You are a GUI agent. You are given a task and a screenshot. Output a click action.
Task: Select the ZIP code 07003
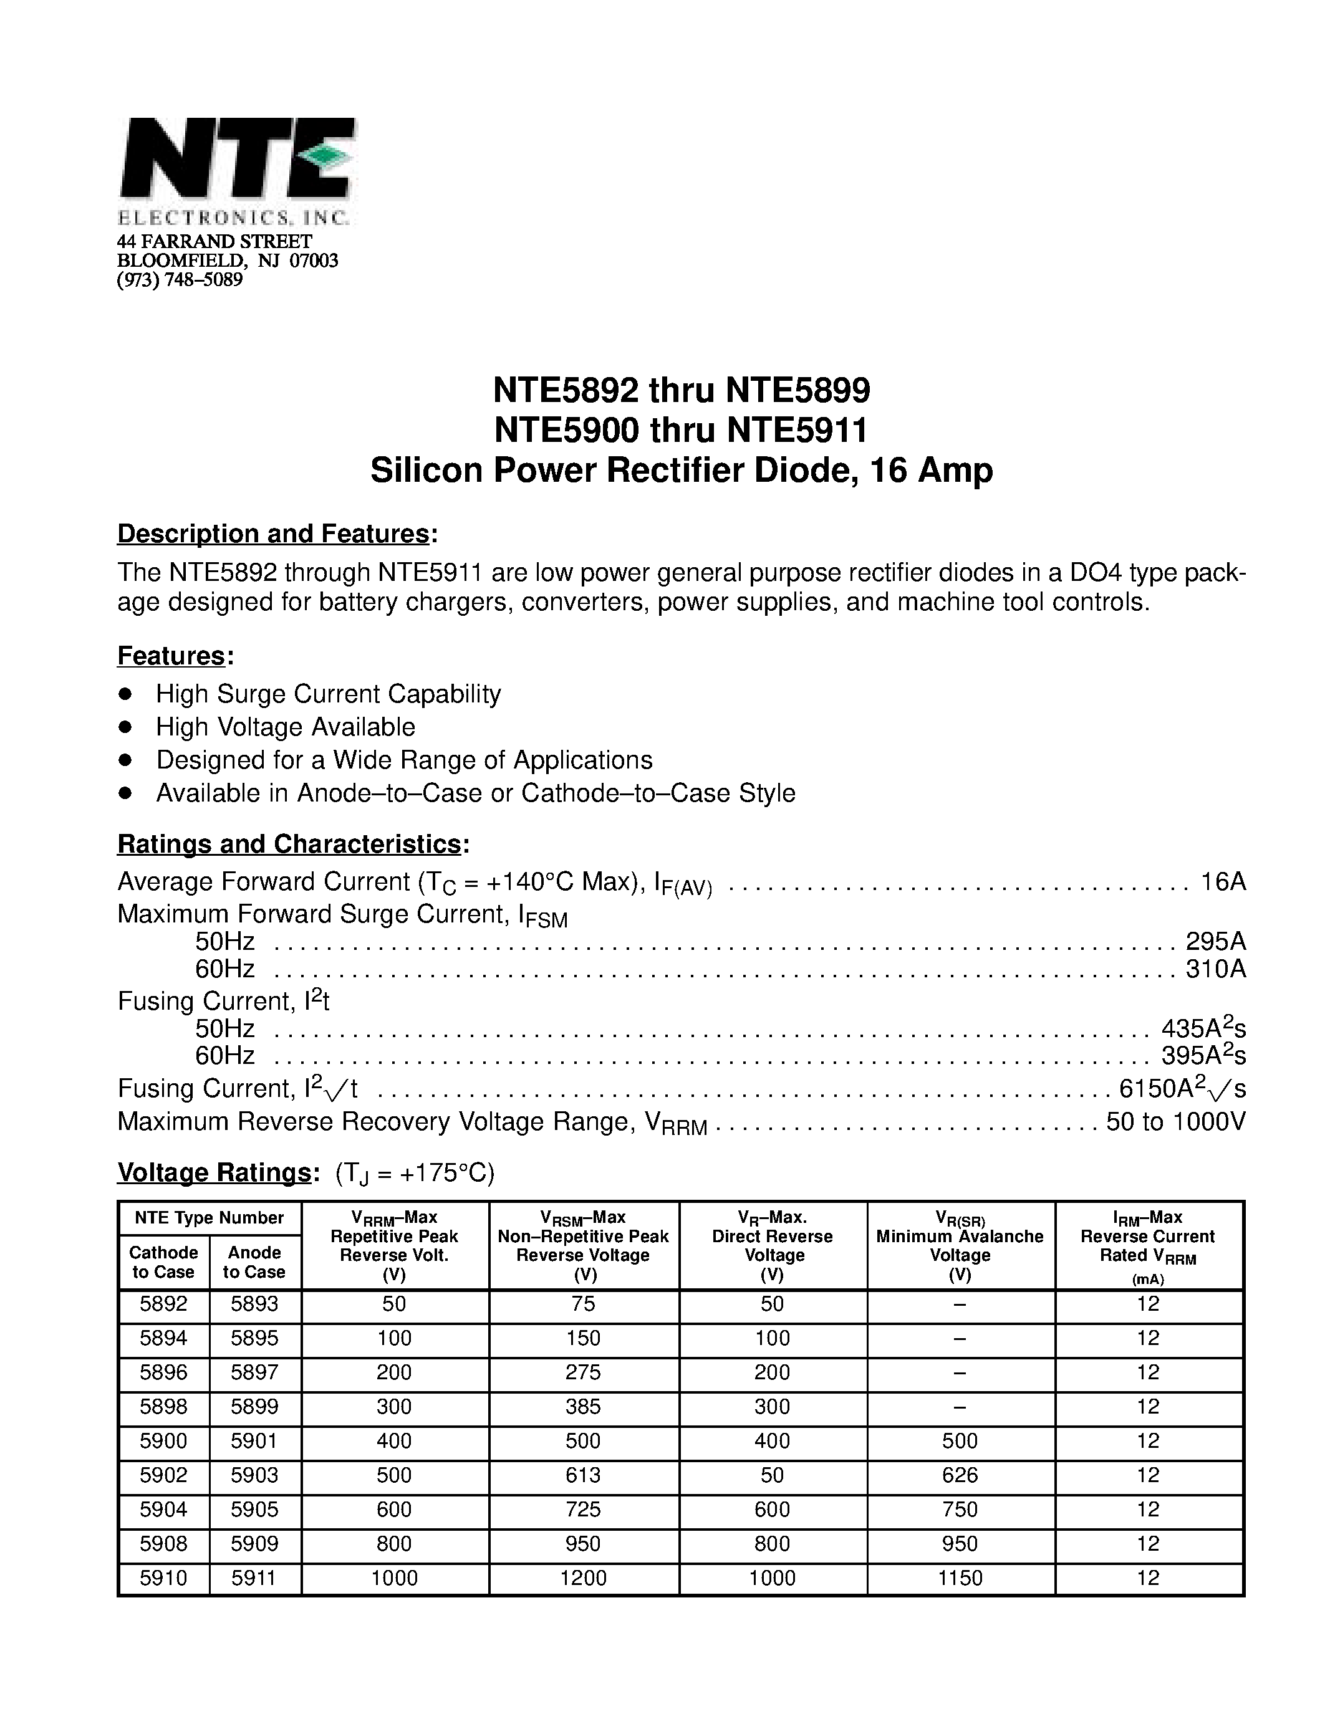314,261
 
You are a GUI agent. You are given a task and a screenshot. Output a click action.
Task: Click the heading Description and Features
273,534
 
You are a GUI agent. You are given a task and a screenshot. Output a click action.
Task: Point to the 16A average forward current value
1223,881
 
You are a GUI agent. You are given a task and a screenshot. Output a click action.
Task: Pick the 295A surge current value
1215,941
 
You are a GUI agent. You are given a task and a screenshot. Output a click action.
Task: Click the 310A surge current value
1215,969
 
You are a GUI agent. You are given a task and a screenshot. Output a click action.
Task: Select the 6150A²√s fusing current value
1182,1088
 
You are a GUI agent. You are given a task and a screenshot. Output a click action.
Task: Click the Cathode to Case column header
163,1262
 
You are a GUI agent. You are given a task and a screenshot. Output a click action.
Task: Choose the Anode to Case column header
254,1262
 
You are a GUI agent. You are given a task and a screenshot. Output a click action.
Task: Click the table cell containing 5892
163,1305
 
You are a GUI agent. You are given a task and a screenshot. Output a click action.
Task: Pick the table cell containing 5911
254,1556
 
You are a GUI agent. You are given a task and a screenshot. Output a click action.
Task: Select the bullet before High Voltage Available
125,727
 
